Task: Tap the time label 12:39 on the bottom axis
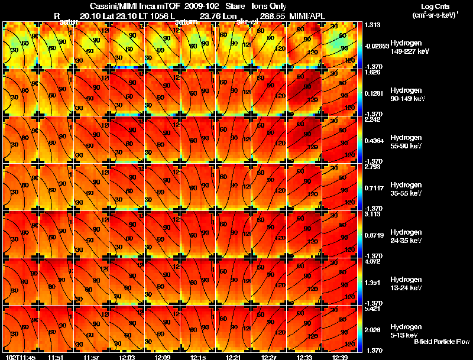point(340,357)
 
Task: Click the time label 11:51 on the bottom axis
point(56,357)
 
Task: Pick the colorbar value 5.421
point(374,309)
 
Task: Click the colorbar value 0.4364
point(375,140)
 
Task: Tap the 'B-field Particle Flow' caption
point(442,342)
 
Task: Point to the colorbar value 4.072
point(374,262)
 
